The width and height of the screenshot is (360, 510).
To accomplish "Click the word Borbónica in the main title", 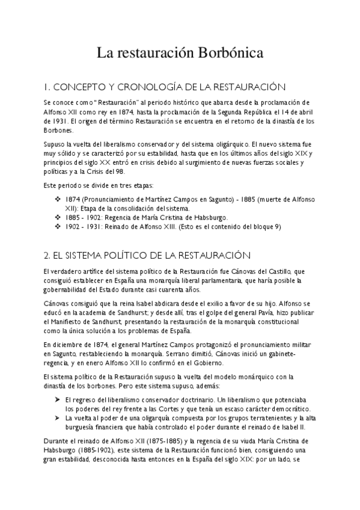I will [x=228, y=54].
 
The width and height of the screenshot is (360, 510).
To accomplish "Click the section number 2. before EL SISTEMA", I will [x=49, y=255].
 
